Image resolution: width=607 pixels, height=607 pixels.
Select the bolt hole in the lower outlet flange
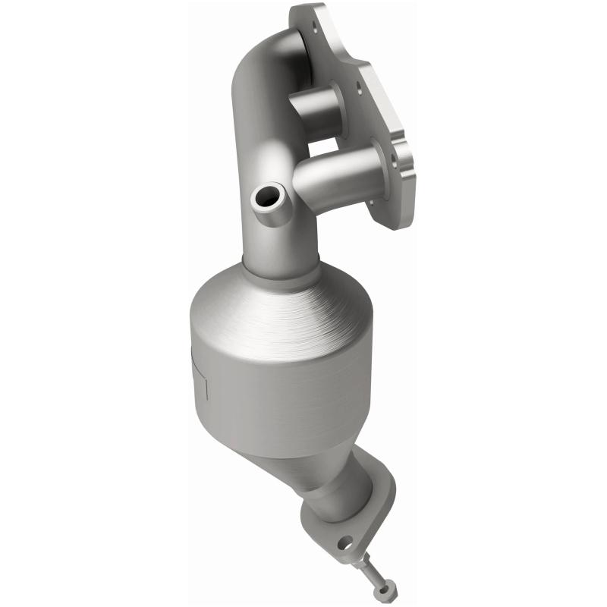(344, 543)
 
